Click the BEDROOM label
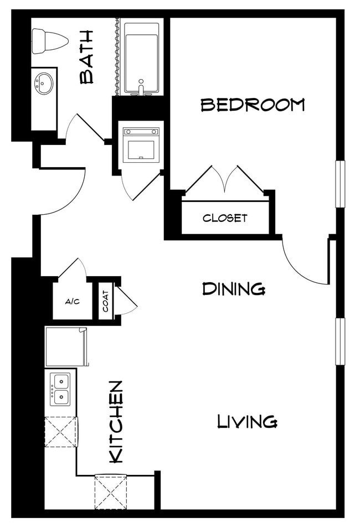click(x=253, y=105)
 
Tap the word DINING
click(x=233, y=288)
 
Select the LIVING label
click(x=246, y=422)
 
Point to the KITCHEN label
click(x=116, y=422)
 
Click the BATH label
click(x=87, y=57)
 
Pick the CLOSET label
click(x=225, y=218)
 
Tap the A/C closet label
click(x=72, y=302)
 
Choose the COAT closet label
click(x=105, y=301)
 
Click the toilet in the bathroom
click(x=49, y=41)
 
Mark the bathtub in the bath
click(x=141, y=58)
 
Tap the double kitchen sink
click(x=60, y=389)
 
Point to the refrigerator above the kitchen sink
click(x=65, y=346)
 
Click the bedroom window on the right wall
click(x=340, y=184)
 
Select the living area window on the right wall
click(x=340, y=341)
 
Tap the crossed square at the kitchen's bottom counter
click(x=111, y=491)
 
